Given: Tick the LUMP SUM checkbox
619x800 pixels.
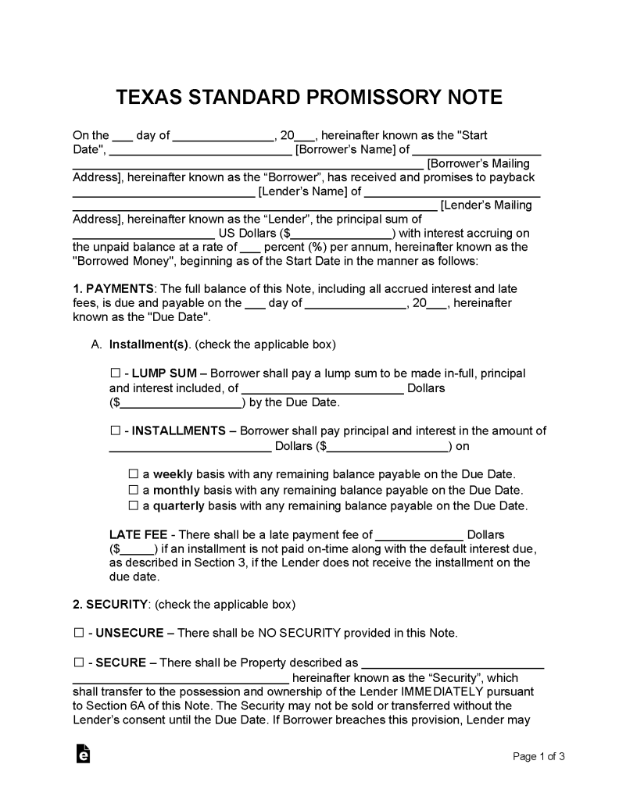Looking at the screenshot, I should click(x=116, y=373).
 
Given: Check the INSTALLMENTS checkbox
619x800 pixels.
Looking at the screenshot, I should click(x=116, y=430).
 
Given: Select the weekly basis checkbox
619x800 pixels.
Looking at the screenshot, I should click(x=133, y=474).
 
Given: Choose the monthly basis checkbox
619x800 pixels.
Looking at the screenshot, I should click(x=133, y=490).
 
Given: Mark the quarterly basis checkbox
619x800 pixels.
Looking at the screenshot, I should click(x=133, y=505).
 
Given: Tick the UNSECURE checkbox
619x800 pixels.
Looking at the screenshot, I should click(x=78, y=633).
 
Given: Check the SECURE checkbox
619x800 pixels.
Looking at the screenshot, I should click(x=78, y=662).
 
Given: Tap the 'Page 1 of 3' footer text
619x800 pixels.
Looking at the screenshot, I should click(x=538, y=756).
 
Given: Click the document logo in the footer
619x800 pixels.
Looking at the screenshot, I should click(x=83, y=754).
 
